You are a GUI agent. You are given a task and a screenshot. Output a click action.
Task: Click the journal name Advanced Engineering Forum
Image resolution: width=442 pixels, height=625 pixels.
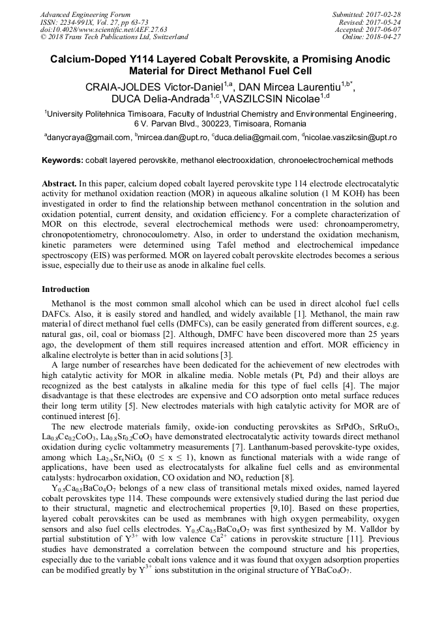[85, 14]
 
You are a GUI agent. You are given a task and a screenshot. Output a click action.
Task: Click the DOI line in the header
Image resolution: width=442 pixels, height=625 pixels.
[104, 29]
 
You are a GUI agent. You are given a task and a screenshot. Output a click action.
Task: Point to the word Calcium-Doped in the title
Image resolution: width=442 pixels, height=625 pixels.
[85, 59]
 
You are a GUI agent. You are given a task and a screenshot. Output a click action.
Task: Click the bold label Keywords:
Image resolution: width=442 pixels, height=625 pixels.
[62, 160]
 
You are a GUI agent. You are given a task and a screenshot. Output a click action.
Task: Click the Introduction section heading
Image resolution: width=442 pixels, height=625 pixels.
[66, 289]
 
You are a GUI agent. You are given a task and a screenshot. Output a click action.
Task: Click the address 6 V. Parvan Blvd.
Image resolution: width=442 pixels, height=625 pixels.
[164, 123]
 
